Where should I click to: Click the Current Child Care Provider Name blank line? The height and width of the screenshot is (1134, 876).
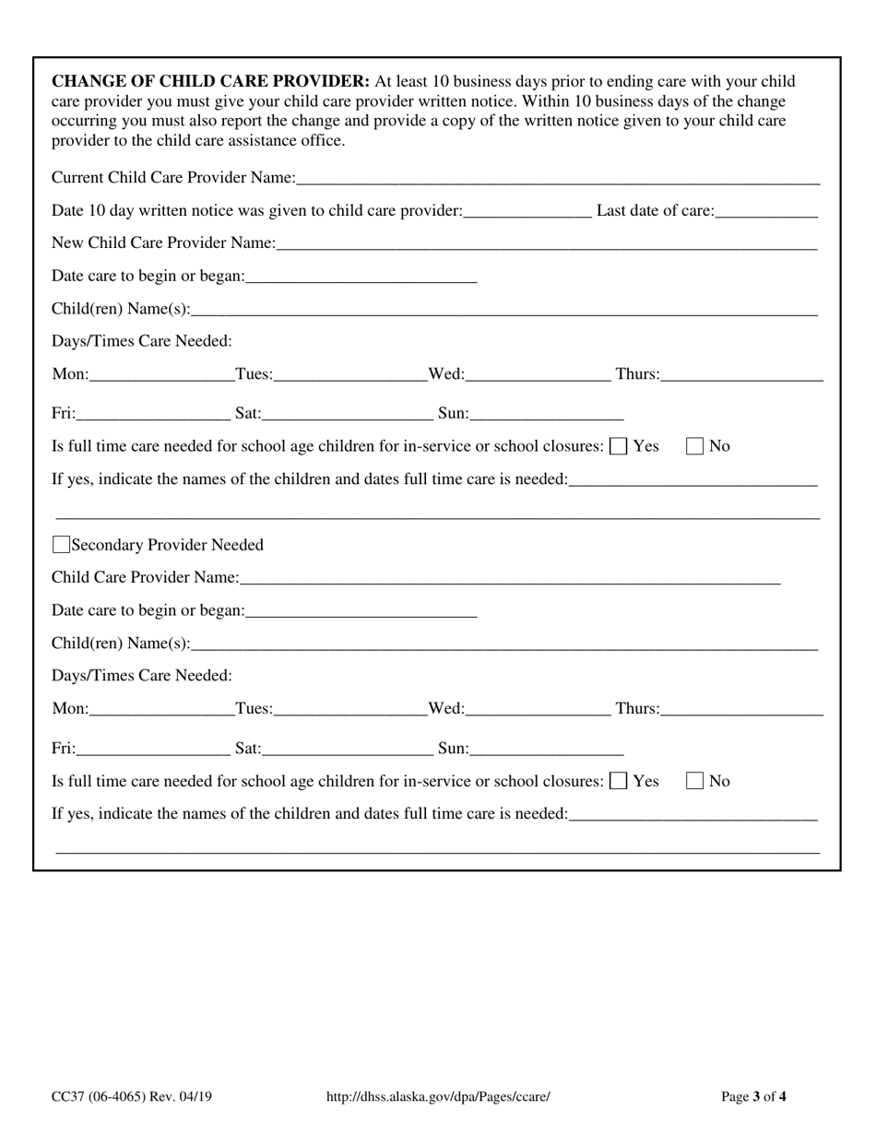click(558, 178)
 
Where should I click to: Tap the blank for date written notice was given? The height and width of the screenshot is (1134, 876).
click(527, 211)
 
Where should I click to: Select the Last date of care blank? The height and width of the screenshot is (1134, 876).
click(766, 211)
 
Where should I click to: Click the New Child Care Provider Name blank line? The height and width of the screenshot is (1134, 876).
click(546, 243)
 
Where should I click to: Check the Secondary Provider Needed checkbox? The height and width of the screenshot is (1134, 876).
click(62, 545)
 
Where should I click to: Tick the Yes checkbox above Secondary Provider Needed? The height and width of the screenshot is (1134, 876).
click(620, 446)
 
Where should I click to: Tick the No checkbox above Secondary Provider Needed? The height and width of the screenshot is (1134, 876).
click(695, 446)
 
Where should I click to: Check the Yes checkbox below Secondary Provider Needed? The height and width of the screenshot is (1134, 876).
click(620, 782)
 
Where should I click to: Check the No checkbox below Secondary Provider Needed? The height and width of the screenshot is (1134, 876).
click(695, 782)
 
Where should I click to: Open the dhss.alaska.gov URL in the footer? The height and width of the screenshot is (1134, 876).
click(438, 1096)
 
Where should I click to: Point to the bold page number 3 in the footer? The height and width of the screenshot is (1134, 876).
click(756, 1096)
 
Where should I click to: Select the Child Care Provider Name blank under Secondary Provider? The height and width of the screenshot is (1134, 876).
click(510, 578)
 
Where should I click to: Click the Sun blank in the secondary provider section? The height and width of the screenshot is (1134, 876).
click(547, 750)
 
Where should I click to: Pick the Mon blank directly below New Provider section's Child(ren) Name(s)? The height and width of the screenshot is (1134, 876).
click(162, 374)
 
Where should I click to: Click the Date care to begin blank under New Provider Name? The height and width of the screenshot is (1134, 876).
click(361, 277)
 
